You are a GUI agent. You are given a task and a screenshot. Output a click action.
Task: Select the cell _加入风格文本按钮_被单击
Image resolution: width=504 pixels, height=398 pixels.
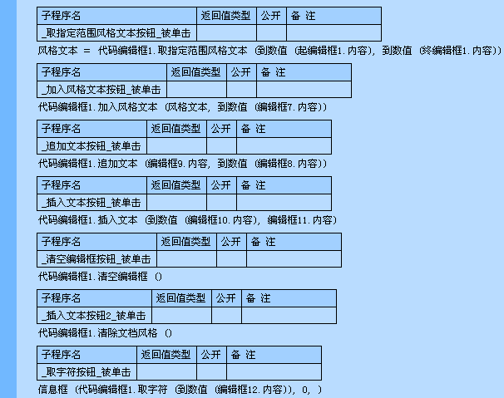click(101, 90)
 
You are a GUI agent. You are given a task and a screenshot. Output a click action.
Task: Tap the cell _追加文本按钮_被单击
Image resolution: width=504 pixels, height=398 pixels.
click(91, 146)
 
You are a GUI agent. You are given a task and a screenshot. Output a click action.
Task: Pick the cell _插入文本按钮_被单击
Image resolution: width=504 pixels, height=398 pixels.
click(91, 203)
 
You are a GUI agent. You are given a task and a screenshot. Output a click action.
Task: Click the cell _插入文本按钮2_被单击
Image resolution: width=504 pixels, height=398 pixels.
click(94, 316)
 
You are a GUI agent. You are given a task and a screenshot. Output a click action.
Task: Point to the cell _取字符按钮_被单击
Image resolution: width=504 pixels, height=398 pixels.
click(87, 372)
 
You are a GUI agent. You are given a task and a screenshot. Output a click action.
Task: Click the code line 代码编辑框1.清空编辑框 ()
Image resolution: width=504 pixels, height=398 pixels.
click(101, 276)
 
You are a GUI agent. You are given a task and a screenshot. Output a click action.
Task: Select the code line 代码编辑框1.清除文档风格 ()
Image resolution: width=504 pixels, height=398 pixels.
click(106, 332)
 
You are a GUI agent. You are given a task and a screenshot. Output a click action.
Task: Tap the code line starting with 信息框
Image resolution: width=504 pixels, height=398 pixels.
click(180, 389)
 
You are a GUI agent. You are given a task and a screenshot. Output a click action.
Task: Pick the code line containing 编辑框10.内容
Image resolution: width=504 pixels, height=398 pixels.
click(187, 219)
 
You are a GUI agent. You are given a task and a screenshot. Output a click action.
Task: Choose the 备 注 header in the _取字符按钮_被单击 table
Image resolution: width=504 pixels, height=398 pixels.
click(243, 355)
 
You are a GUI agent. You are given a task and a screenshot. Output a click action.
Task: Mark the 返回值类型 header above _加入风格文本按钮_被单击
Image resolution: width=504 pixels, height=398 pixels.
click(195, 72)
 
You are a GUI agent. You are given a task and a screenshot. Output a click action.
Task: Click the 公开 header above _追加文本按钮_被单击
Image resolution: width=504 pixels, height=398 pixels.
click(220, 129)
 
